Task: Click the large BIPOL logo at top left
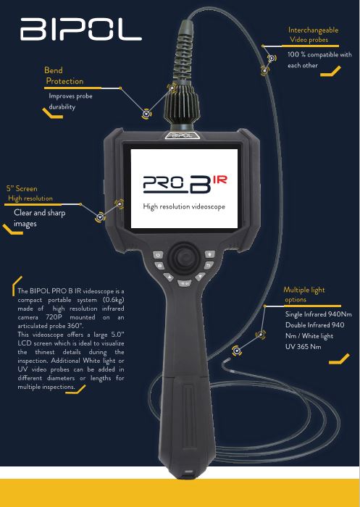[81, 29]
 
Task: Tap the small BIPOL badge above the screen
[182, 135]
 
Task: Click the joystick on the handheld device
[184, 258]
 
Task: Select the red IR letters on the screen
[220, 180]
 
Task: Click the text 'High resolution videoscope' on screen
[184, 206]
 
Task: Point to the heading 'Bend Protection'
[64, 75]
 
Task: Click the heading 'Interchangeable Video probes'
[313, 35]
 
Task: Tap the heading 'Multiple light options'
[304, 295]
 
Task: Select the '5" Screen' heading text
[22, 188]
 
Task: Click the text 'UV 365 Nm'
[303, 347]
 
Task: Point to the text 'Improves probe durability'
[70, 101]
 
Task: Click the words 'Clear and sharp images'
[39, 218]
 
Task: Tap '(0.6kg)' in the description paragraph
[113, 300]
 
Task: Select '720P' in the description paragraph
[54, 317]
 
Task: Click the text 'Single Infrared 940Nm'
[318, 314]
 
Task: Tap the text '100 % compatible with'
[319, 54]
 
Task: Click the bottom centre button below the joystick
[185, 283]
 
